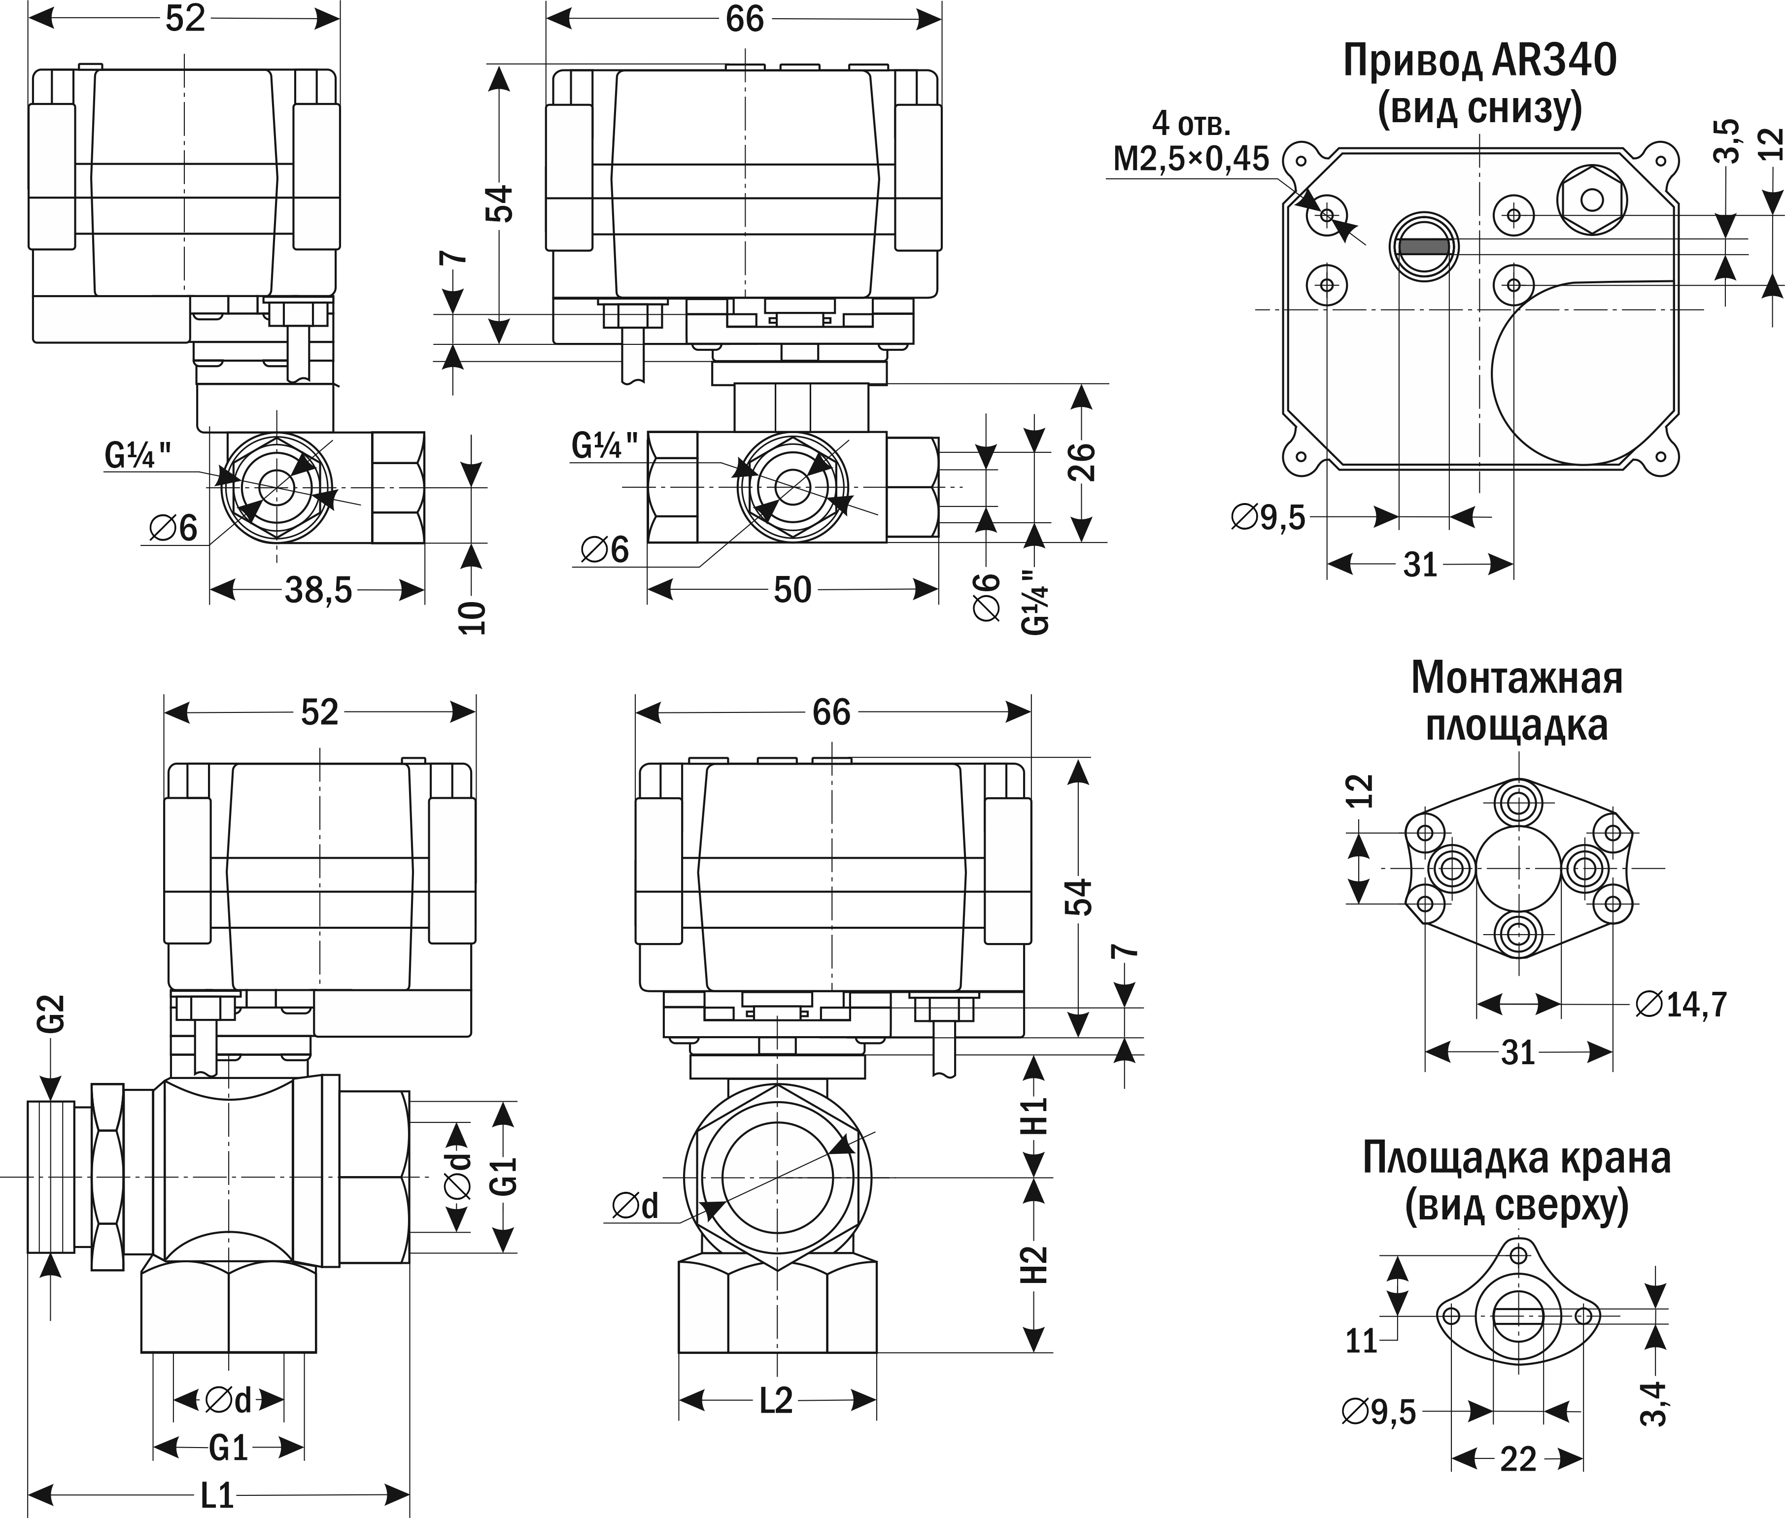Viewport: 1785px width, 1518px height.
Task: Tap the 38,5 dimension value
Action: click(x=318, y=590)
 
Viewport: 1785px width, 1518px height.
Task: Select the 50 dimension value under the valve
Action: click(x=792, y=590)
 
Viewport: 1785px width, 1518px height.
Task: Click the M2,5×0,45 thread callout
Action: click(x=1191, y=159)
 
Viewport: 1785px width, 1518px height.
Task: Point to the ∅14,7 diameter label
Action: click(x=1682, y=1004)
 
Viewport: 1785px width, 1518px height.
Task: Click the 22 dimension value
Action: click(x=1517, y=1459)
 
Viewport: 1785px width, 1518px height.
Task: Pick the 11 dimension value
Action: click(x=1362, y=1342)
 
